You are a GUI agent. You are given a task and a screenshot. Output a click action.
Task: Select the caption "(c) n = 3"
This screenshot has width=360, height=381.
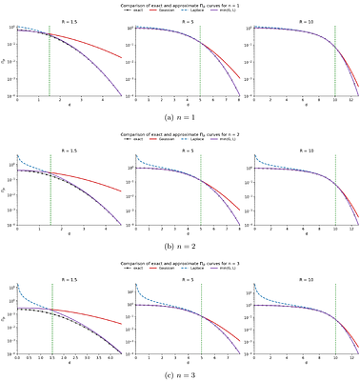pyautogui.click(x=180, y=372)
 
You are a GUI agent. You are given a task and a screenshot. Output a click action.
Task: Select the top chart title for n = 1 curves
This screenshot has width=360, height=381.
pyautogui.click(x=180, y=6)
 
